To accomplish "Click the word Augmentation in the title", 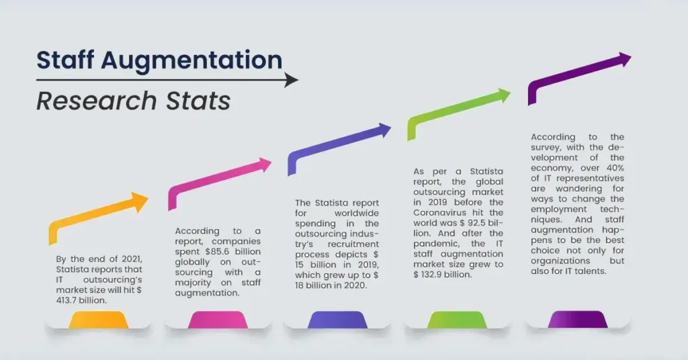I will (191, 60).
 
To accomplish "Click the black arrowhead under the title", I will (292, 80).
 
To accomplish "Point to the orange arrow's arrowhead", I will (140, 201).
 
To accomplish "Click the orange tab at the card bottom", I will (97, 320).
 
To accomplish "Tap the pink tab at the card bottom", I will (217, 320).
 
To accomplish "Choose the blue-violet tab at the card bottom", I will (337, 320).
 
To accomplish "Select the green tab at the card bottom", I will (457, 320).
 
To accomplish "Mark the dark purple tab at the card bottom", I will (577, 320).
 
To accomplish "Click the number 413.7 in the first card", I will (71, 300).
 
